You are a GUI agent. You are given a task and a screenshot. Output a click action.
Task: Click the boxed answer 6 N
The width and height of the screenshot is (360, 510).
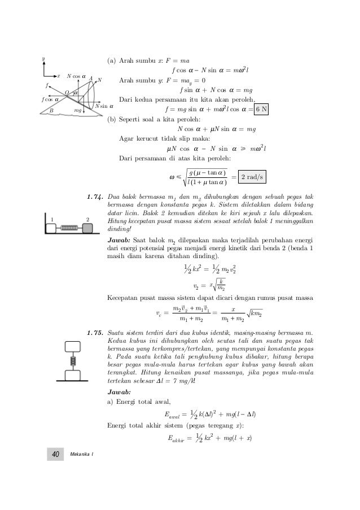click(260, 109)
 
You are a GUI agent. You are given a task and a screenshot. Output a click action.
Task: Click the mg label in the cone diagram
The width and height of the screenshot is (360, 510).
click(78, 111)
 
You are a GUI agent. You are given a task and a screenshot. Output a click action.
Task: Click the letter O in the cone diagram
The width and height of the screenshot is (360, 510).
click(66, 91)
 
